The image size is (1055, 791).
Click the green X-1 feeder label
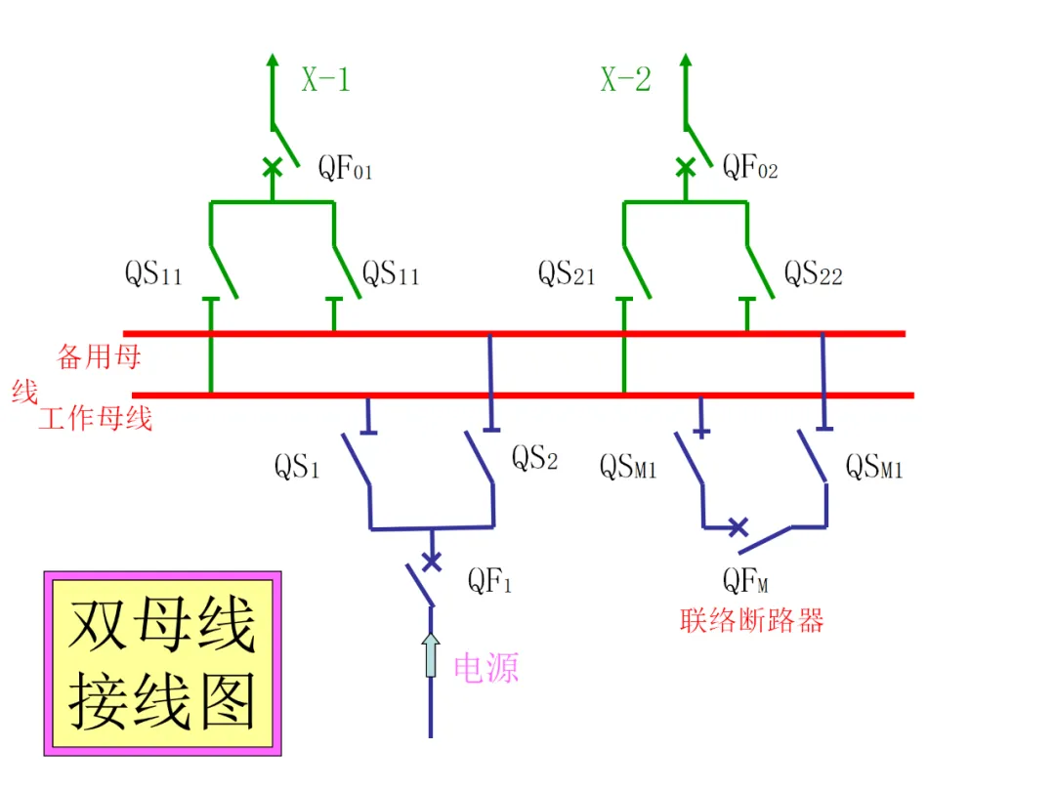pyautogui.click(x=325, y=79)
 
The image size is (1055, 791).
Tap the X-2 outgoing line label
pyautogui.click(x=626, y=79)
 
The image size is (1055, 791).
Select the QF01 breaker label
pyautogui.click(x=345, y=168)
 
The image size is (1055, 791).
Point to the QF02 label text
pyautogui.click(x=750, y=167)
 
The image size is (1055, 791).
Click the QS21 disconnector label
pyautogui.click(x=567, y=273)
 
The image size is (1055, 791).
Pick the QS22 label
pyautogui.click(x=814, y=273)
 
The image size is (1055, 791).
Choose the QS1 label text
pyautogui.click(x=297, y=466)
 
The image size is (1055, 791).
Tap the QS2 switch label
pyautogui.click(x=535, y=457)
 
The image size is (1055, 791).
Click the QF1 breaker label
pyautogui.click(x=489, y=580)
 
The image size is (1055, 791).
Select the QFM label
pyautogui.click(x=745, y=580)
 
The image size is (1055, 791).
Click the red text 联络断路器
pyautogui.click(x=751, y=620)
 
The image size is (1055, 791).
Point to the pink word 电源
pyautogui.click(x=486, y=668)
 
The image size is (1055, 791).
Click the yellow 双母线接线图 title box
pyautogui.click(x=163, y=663)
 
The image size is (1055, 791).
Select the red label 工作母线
pyautogui.click(x=96, y=418)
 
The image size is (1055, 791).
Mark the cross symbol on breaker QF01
pyautogui.click(x=273, y=167)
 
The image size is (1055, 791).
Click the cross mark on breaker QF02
pyautogui.click(x=686, y=167)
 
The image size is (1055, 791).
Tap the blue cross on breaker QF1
pyautogui.click(x=432, y=561)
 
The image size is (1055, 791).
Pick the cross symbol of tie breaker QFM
pyautogui.click(x=738, y=527)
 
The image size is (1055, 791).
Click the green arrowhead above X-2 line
pyautogui.click(x=686, y=60)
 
